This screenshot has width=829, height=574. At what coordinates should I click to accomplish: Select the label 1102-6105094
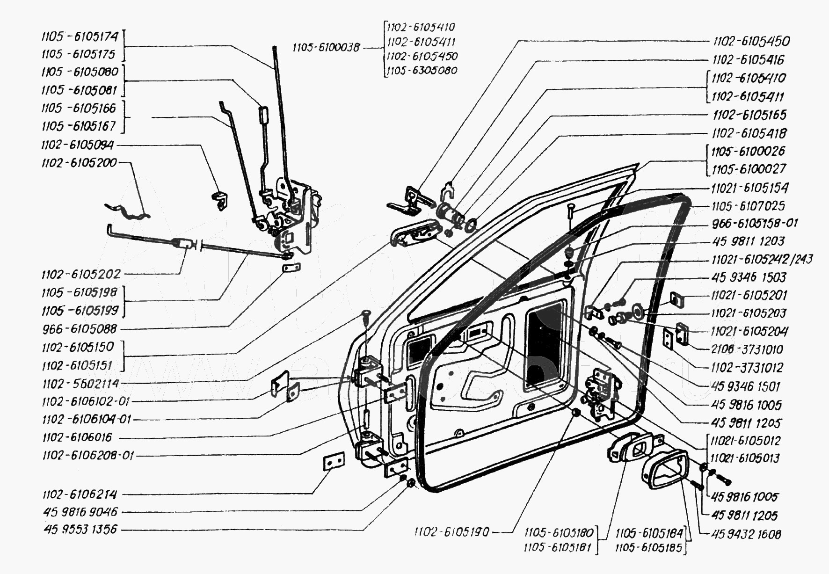77,145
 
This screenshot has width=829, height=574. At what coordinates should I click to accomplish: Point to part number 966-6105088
80,329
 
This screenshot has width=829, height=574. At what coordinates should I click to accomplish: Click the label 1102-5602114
80,384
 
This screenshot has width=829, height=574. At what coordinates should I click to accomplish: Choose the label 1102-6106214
80,494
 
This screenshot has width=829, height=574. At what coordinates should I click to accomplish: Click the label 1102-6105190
451,532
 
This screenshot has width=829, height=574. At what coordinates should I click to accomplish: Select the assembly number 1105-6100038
326,47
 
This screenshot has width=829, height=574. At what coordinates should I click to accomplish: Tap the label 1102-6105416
748,60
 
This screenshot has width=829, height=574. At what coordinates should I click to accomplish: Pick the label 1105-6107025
748,206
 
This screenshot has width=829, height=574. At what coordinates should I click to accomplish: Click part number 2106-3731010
747,349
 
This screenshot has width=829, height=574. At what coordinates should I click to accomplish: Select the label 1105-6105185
649,547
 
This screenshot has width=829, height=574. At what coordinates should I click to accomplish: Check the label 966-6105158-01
755,223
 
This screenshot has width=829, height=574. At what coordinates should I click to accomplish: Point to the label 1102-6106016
77,437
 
